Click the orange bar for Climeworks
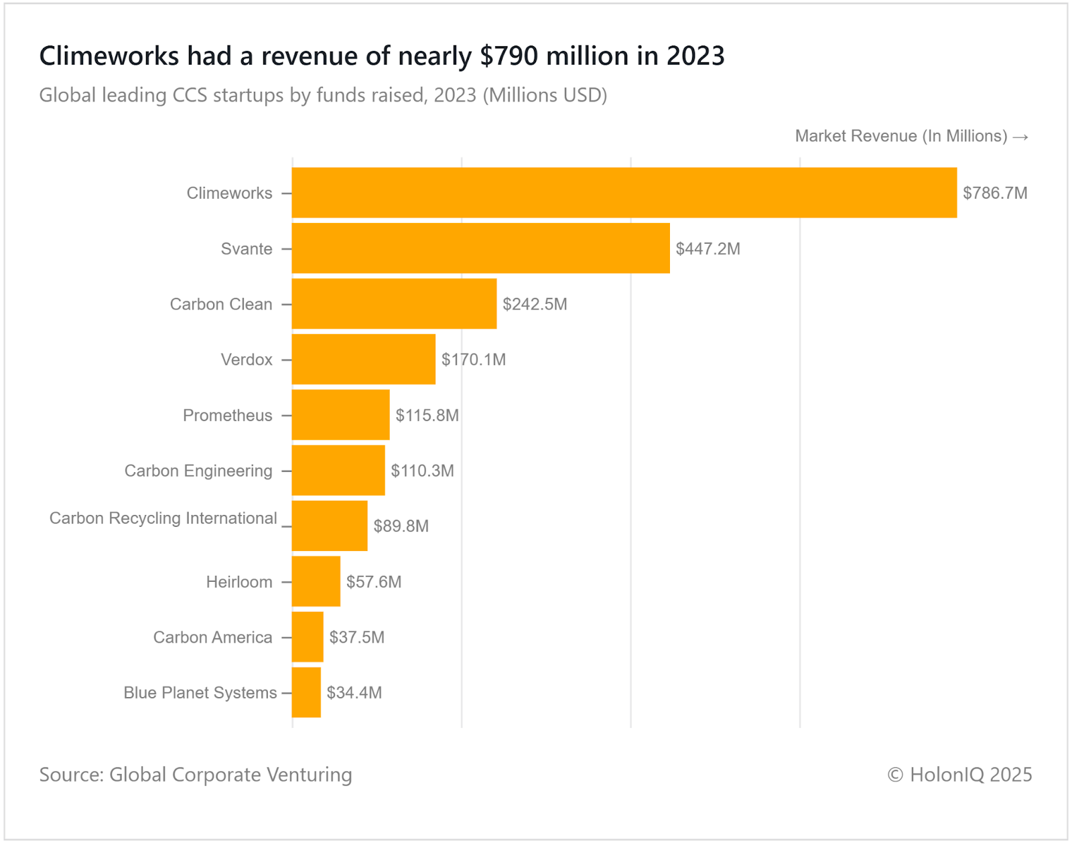(624, 193)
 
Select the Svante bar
(480, 248)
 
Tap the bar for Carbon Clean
(394, 304)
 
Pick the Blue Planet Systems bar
(306, 692)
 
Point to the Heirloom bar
(316, 581)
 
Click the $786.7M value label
(995, 194)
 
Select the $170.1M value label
(473, 360)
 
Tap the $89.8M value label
(401, 526)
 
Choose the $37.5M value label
(356, 637)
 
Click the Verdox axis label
(247, 360)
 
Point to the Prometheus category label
(227, 415)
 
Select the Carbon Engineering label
(198, 471)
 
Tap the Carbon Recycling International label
(163, 518)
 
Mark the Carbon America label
(212, 637)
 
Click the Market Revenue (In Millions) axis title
(901, 136)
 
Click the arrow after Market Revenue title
(1020, 137)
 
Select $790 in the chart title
(509, 56)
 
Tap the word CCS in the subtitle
(190, 95)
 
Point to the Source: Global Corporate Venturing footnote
(196, 775)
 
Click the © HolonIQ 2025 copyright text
(959, 775)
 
